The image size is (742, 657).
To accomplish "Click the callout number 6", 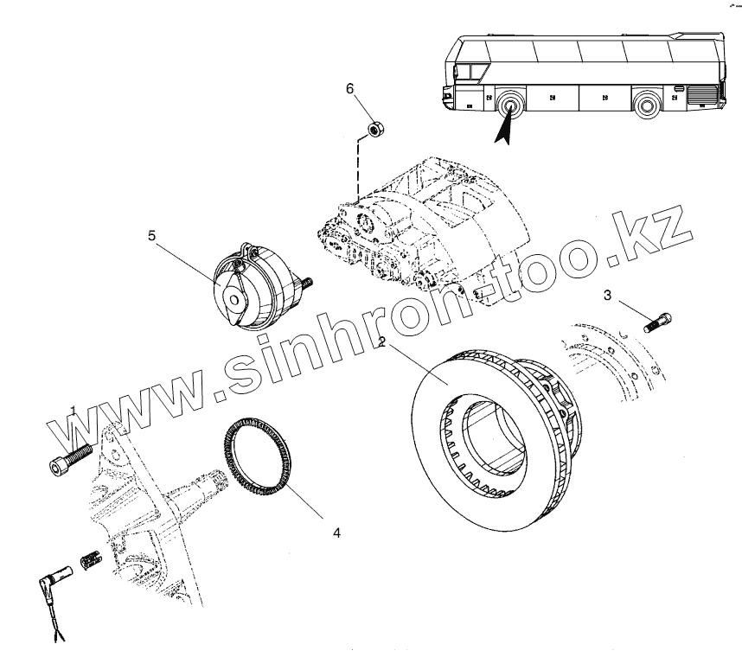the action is tap(350, 89).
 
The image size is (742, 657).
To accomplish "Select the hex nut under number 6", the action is tap(375, 130).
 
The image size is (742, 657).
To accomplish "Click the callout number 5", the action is tap(151, 235).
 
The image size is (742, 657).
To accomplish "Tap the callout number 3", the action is tap(608, 297).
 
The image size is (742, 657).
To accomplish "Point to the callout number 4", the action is tap(336, 533).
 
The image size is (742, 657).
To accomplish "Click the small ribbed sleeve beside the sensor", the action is tap(93, 559).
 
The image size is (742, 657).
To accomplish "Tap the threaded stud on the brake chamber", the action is tap(307, 282).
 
